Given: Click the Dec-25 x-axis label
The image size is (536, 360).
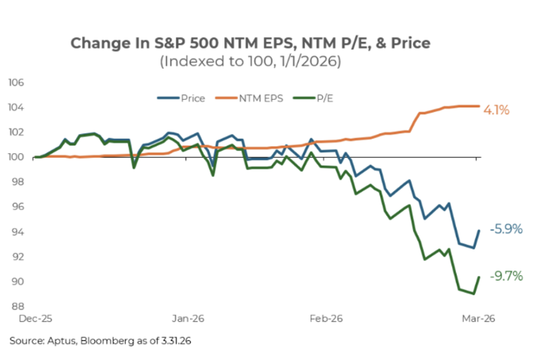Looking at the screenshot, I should tap(34, 319).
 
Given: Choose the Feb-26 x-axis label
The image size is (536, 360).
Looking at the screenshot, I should tap(326, 319).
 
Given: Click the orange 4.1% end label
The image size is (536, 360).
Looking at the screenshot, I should tap(497, 109).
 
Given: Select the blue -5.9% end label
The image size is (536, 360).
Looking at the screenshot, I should tap(506, 229).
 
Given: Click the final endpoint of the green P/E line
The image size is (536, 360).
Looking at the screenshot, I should tap(479, 277).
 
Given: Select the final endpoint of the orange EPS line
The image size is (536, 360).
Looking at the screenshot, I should tap(479, 106).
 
